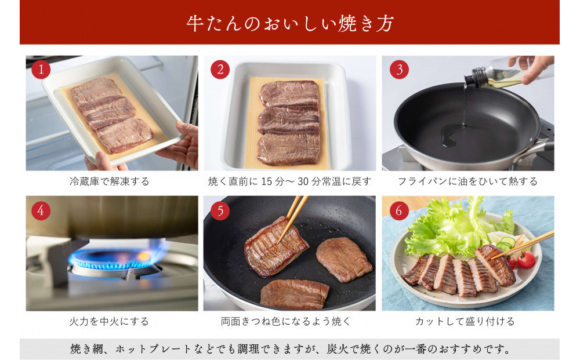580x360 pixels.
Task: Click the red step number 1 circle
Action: (x=41, y=70)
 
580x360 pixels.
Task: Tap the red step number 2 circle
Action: (x=220, y=70)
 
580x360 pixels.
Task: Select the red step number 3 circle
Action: (x=399, y=70)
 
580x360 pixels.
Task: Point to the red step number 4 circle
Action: (x=41, y=210)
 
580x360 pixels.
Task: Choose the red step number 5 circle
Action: (x=220, y=210)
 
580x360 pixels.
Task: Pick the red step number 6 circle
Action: (x=399, y=210)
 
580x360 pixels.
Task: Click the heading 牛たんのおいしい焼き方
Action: (x=290, y=23)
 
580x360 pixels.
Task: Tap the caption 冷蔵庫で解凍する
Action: (x=109, y=181)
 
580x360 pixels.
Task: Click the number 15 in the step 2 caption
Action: (x=267, y=181)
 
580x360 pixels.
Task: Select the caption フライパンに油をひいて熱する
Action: (x=467, y=181)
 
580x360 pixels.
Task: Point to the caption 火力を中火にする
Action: (x=109, y=321)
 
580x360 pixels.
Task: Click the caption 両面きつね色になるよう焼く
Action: (x=285, y=321)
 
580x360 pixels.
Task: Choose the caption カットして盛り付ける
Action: (x=465, y=321)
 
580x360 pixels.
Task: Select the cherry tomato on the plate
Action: (x=525, y=259)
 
